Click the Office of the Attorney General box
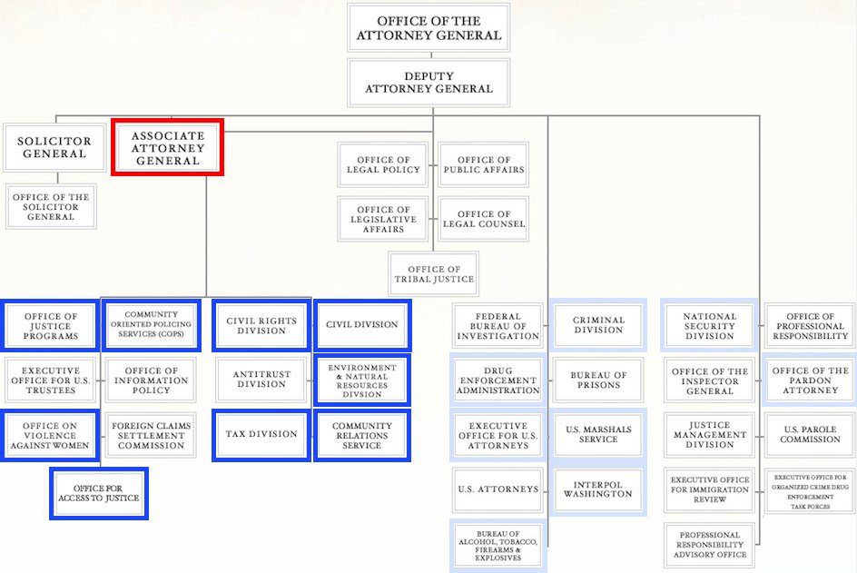point(428,27)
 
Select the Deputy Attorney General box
point(428,83)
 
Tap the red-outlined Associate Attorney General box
point(167,148)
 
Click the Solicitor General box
point(54,148)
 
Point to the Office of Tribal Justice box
point(433,274)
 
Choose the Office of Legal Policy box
point(383,164)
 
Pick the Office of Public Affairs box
point(483,164)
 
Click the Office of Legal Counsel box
point(483,219)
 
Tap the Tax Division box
point(261,434)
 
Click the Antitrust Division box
point(261,380)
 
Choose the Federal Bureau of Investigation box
point(497,326)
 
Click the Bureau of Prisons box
point(598,380)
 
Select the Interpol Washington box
point(598,489)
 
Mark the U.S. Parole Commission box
point(810,434)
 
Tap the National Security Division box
point(709,326)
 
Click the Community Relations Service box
point(361,435)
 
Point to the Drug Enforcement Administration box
point(497,380)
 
